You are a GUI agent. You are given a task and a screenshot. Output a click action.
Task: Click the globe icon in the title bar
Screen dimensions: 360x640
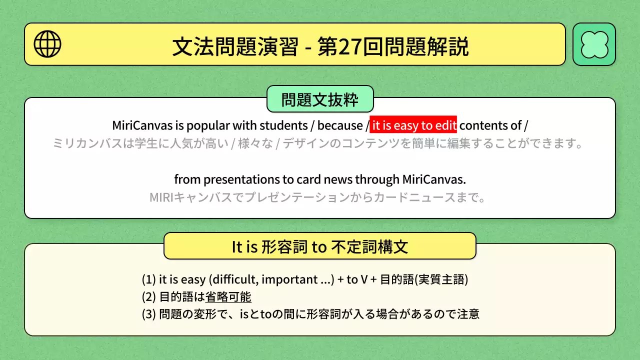point(47,44)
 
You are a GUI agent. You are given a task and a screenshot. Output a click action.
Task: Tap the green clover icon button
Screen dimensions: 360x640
point(594,44)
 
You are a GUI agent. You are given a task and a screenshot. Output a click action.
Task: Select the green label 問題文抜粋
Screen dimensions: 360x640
point(320,99)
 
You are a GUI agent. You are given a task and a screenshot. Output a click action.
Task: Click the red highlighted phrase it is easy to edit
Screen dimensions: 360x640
point(413,125)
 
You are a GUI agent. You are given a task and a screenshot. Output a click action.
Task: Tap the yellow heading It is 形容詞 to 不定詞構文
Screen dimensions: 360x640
point(320,246)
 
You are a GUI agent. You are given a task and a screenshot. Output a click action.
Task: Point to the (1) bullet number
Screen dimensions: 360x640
point(148,279)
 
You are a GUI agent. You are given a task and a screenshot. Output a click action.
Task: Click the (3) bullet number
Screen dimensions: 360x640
point(148,314)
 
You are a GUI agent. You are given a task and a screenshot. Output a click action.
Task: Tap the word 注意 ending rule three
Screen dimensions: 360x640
point(468,314)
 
